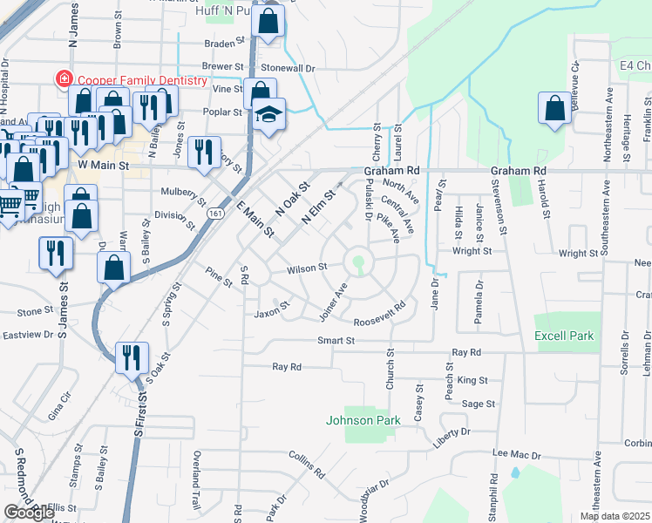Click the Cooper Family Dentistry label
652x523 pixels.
(141, 80)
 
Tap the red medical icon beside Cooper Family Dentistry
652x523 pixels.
(64, 79)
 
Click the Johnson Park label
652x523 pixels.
(363, 420)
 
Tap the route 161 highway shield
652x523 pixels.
(213, 213)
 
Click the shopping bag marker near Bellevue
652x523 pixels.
(554, 110)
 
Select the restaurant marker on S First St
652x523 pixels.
(132, 357)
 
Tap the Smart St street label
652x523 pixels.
(336, 341)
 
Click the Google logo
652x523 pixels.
(29, 513)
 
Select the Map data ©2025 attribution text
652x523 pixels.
(604, 516)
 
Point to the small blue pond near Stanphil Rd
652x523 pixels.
(515, 474)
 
